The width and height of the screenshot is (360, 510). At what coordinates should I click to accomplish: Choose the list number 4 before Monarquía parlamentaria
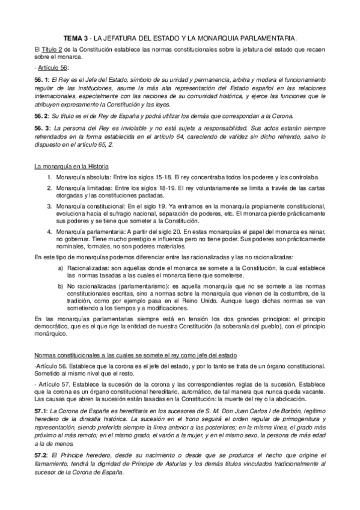pos(49,232)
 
